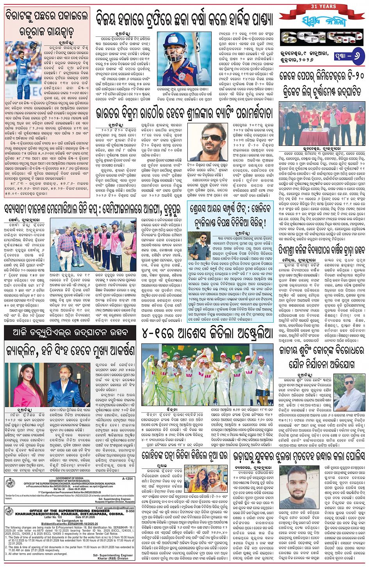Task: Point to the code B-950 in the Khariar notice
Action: coord(130,511)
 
